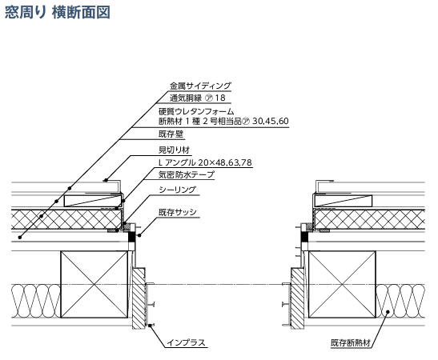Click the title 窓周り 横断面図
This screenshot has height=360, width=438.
(x=58, y=12)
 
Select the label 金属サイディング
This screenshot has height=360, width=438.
(x=200, y=86)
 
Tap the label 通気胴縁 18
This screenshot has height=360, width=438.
(x=198, y=98)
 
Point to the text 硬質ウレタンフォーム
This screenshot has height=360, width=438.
(x=196, y=112)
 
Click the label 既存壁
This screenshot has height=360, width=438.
(x=171, y=134)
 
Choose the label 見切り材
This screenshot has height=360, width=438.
(x=175, y=150)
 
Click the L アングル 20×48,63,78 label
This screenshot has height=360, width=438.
(x=205, y=162)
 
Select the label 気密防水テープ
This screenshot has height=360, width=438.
(x=187, y=174)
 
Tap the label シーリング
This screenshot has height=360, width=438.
(x=178, y=190)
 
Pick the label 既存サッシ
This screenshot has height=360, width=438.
(x=178, y=212)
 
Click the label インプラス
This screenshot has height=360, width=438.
(x=186, y=342)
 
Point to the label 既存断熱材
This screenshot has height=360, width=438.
(x=351, y=342)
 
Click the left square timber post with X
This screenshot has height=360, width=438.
(x=94, y=284)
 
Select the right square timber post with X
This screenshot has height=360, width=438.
(x=342, y=284)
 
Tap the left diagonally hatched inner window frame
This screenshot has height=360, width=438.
(x=139, y=298)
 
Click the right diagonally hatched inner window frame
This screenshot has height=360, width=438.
(x=298, y=298)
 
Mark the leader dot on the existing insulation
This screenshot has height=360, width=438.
(x=388, y=312)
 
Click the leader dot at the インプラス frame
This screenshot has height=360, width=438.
(x=151, y=325)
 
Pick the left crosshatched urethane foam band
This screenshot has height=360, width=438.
(x=66, y=220)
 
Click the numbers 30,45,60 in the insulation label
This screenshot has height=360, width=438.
(x=271, y=121)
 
